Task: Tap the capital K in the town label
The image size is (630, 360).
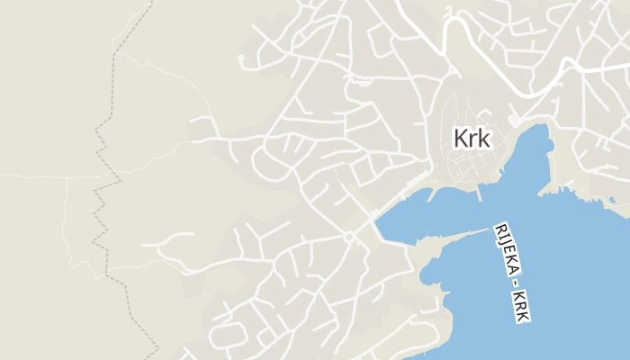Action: click(x=461, y=139)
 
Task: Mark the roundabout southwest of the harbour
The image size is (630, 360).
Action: click(x=348, y=237)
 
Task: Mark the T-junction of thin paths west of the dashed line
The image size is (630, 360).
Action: click(x=67, y=177)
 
